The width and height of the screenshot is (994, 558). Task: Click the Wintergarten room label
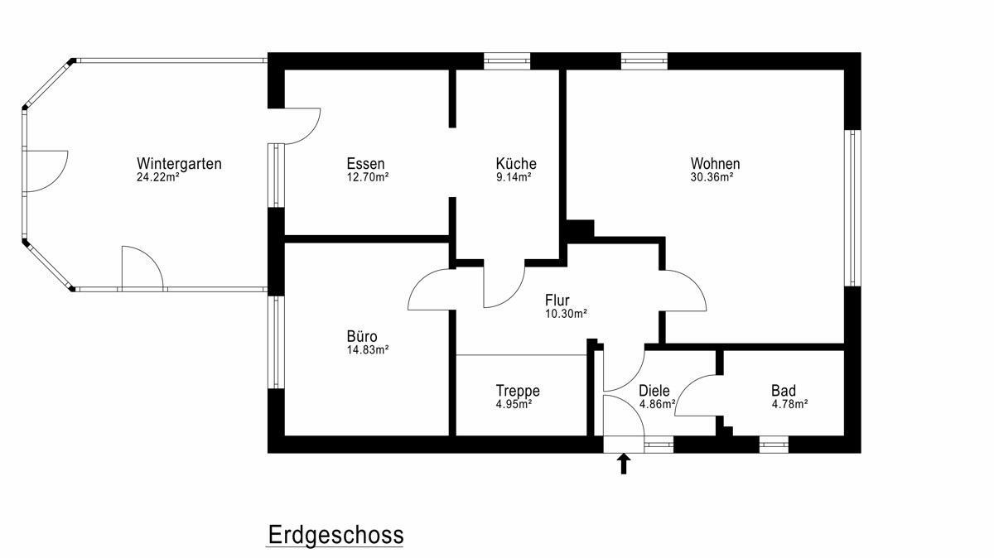pos(179,164)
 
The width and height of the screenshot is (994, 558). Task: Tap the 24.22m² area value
pos(158,177)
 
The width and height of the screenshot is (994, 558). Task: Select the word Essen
pos(365,164)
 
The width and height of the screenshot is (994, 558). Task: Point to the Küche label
pos(516,163)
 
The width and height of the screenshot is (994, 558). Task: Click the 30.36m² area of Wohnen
pos(712,177)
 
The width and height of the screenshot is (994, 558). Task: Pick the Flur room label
pos(557,300)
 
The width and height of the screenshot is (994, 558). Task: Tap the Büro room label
pos(362,336)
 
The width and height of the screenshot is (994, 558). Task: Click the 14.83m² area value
pos(368,350)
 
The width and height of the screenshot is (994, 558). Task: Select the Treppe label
pos(518,391)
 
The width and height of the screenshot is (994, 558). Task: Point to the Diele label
pos(654,391)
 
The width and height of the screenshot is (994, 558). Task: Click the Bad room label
pos(784,391)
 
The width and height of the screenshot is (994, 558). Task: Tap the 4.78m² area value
pos(789,405)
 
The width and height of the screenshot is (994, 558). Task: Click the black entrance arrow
pos(624,464)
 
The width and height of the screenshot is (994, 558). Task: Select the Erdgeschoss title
pos(336,535)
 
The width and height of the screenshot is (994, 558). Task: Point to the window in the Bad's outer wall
pos(774,445)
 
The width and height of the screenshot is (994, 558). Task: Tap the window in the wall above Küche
pos(507,61)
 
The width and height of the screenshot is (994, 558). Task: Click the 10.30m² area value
pos(567,314)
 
